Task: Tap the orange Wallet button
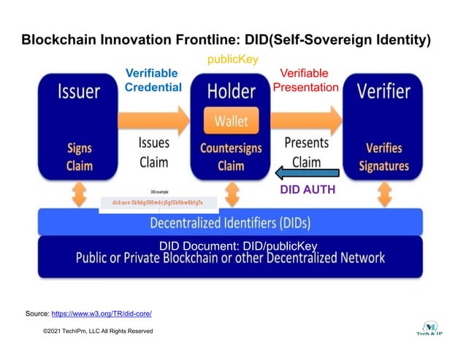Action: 232,121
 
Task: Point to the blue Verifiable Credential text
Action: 153,80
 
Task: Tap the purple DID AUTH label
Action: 308,190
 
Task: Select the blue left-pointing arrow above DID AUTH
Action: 308,173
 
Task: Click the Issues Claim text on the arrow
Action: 153,152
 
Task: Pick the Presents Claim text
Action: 307,152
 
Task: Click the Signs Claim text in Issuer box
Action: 79,156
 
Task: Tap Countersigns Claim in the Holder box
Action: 232,156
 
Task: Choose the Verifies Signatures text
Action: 384,156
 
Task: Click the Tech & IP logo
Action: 431,328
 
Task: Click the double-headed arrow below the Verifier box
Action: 383,194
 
